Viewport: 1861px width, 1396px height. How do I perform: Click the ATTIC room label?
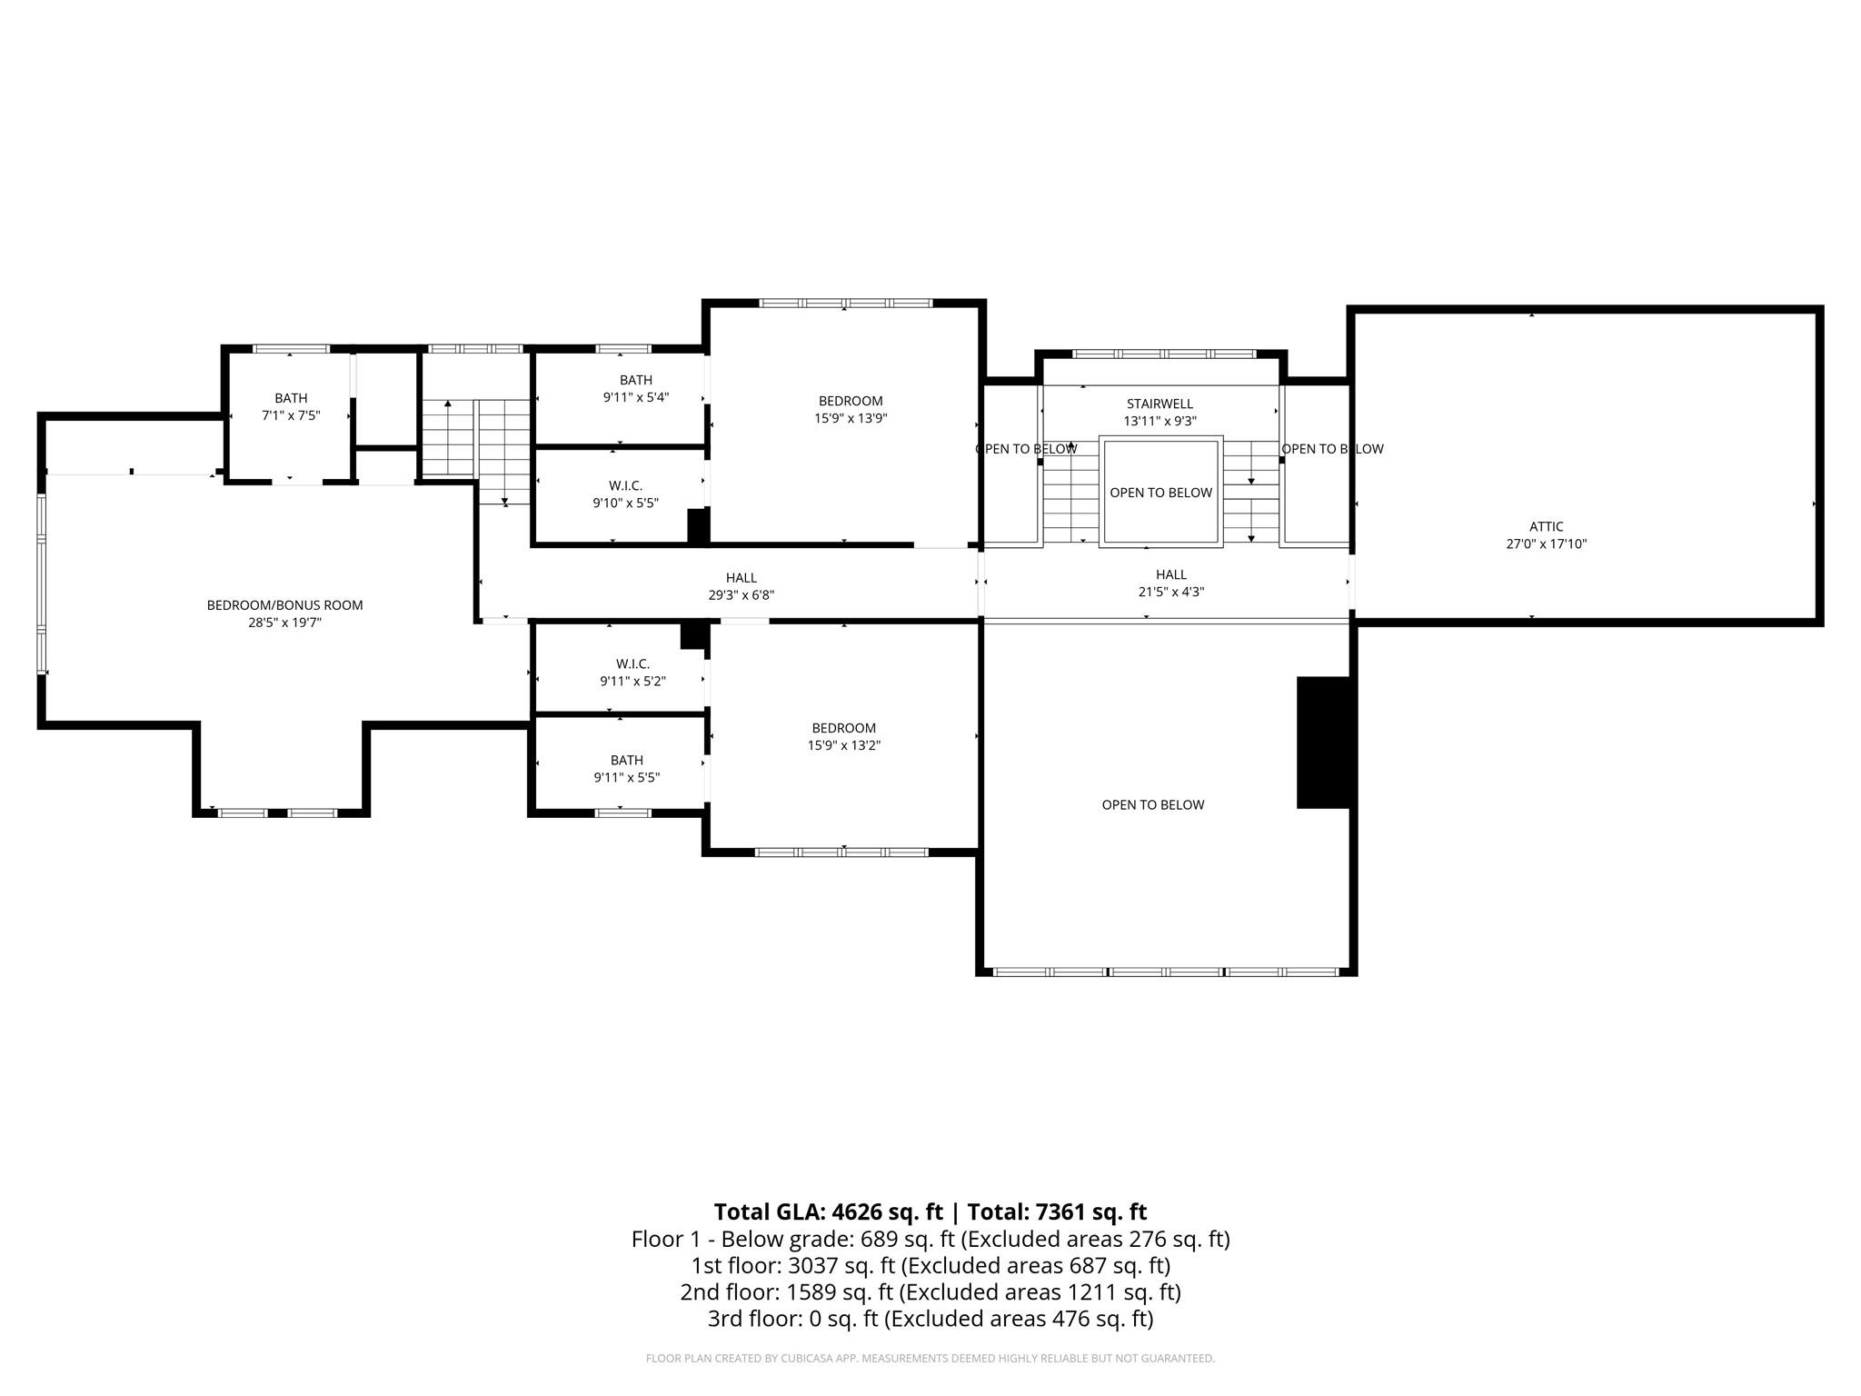point(1546,526)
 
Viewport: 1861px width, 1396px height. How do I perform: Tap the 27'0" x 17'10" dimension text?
point(1546,544)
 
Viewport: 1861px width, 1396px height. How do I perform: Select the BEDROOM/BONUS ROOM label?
point(284,605)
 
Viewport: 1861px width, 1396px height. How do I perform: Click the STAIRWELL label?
point(1159,404)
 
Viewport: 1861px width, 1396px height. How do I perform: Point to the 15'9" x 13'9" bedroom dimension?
point(851,419)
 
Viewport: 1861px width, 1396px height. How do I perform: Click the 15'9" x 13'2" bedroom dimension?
point(843,745)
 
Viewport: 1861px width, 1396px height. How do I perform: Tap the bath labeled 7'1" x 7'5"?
point(291,407)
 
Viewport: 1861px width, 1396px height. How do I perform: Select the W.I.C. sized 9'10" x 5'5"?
point(625,494)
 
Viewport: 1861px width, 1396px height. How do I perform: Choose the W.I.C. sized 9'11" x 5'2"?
point(632,673)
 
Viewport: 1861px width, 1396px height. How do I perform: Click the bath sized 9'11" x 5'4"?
point(636,389)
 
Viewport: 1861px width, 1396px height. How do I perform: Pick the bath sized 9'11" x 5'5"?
point(626,769)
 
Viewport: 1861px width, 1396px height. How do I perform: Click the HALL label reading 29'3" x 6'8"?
point(741,586)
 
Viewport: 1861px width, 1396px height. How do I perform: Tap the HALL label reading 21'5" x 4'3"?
point(1170,583)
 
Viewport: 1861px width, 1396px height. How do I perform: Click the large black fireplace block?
point(1325,742)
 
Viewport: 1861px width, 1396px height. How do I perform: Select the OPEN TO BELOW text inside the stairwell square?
point(1160,493)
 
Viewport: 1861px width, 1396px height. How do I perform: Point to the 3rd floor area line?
point(930,1318)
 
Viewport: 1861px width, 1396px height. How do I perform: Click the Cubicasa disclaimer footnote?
point(930,1359)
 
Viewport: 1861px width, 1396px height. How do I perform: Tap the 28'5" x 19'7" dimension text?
point(284,623)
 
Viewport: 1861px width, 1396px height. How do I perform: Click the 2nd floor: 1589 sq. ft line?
point(930,1291)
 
